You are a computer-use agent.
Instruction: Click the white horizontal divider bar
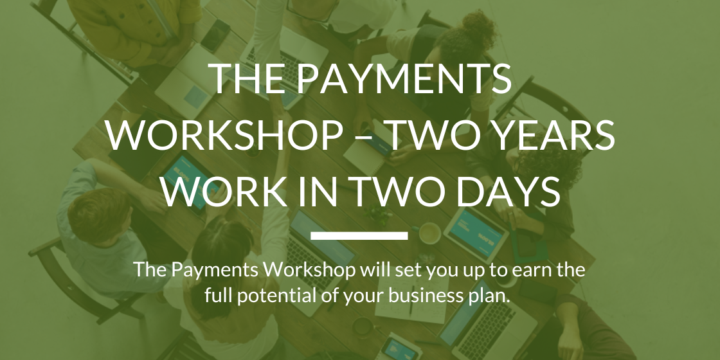pos(359,236)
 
